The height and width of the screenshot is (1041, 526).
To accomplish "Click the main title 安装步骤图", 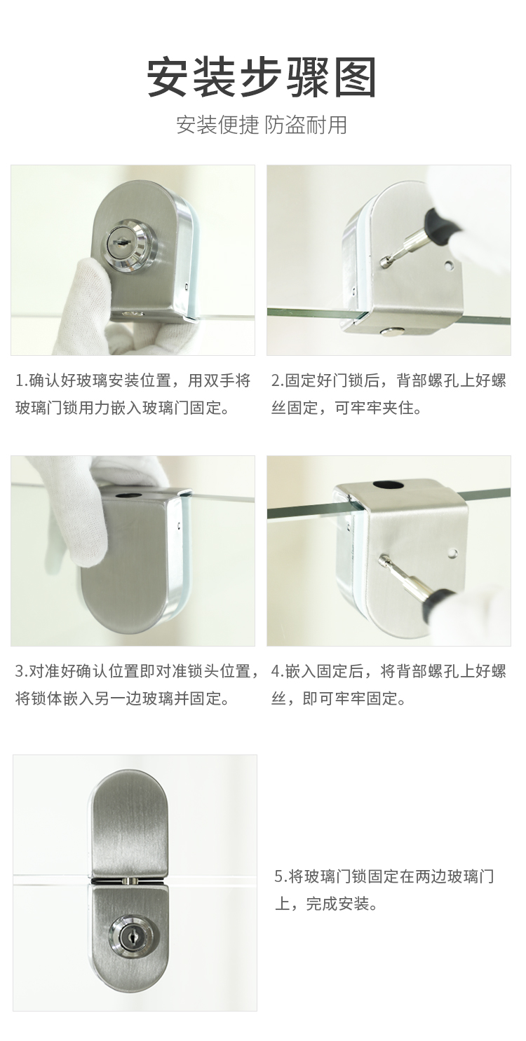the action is coord(262,77).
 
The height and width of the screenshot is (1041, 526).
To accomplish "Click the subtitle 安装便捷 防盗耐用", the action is coord(262,125).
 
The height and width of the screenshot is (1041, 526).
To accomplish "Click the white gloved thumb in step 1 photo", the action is coord(91,288).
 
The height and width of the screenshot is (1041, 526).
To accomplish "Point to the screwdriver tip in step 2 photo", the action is coord(384,263).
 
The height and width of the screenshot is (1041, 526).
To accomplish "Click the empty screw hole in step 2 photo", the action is coord(448,266).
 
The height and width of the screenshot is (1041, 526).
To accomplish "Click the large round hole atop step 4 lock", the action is coord(387,485).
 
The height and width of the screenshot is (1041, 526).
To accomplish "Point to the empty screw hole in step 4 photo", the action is coord(452,553).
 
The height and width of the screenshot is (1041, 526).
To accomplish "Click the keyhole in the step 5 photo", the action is coord(128,938).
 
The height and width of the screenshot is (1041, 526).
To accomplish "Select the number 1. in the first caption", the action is coord(22,380).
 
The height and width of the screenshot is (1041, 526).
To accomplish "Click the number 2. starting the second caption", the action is coord(277,380).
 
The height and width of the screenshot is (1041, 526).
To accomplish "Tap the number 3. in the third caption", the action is coord(22,671).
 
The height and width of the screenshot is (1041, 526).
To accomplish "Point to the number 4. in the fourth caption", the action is coord(277,671).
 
